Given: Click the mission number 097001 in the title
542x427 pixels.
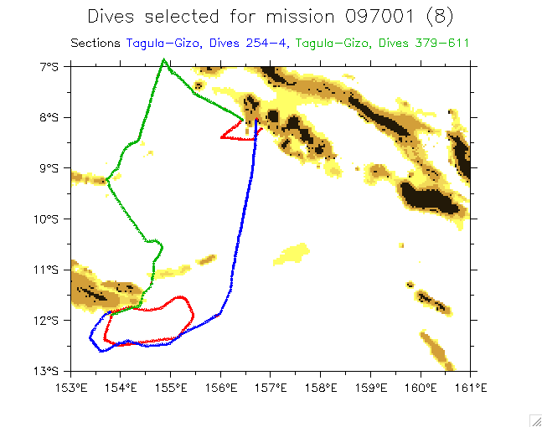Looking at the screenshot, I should pyautogui.click(x=381, y=16).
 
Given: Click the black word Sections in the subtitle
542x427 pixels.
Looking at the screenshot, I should pyautogui.click(x=96, y=43).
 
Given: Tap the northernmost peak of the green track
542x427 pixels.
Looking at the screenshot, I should pyautogui.click(x=164, y=59).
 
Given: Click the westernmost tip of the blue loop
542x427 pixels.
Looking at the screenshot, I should pyautogui.click(x=90, y=337).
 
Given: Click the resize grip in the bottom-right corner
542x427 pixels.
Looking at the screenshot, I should pyautogui.click(x=534, y=419).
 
